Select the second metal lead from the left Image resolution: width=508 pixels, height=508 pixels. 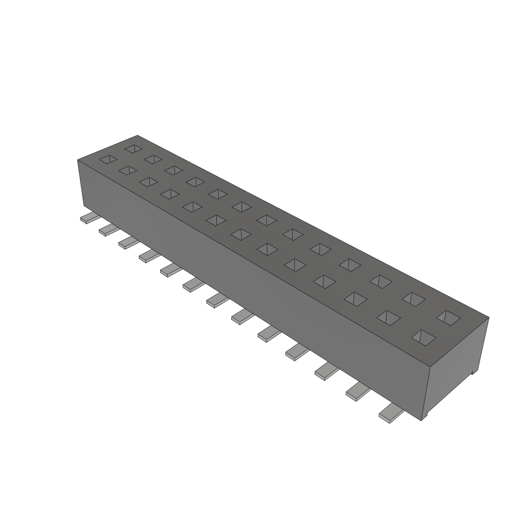pyautogui.click(x=109, y=230)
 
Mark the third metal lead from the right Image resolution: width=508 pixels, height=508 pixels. pyautogui.click(x=326, y=371)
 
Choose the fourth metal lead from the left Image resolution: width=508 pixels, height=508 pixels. pyautogui.click(x=149, y=255)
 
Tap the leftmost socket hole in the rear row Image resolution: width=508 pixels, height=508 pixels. pyautogui.click(x=133, y=148)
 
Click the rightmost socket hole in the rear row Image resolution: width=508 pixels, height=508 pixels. pyautogui.click(x=449, y=318)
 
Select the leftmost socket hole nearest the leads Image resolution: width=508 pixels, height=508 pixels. pyautogui.click(x=109, y=160)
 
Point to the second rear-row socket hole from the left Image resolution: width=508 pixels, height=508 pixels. pyautogui.click(x=153, y=159)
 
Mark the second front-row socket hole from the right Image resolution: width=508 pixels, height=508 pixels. pyautogui.click(x=388, y=317)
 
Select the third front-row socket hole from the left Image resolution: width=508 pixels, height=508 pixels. pyautogui.click(x=148, y=182)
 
